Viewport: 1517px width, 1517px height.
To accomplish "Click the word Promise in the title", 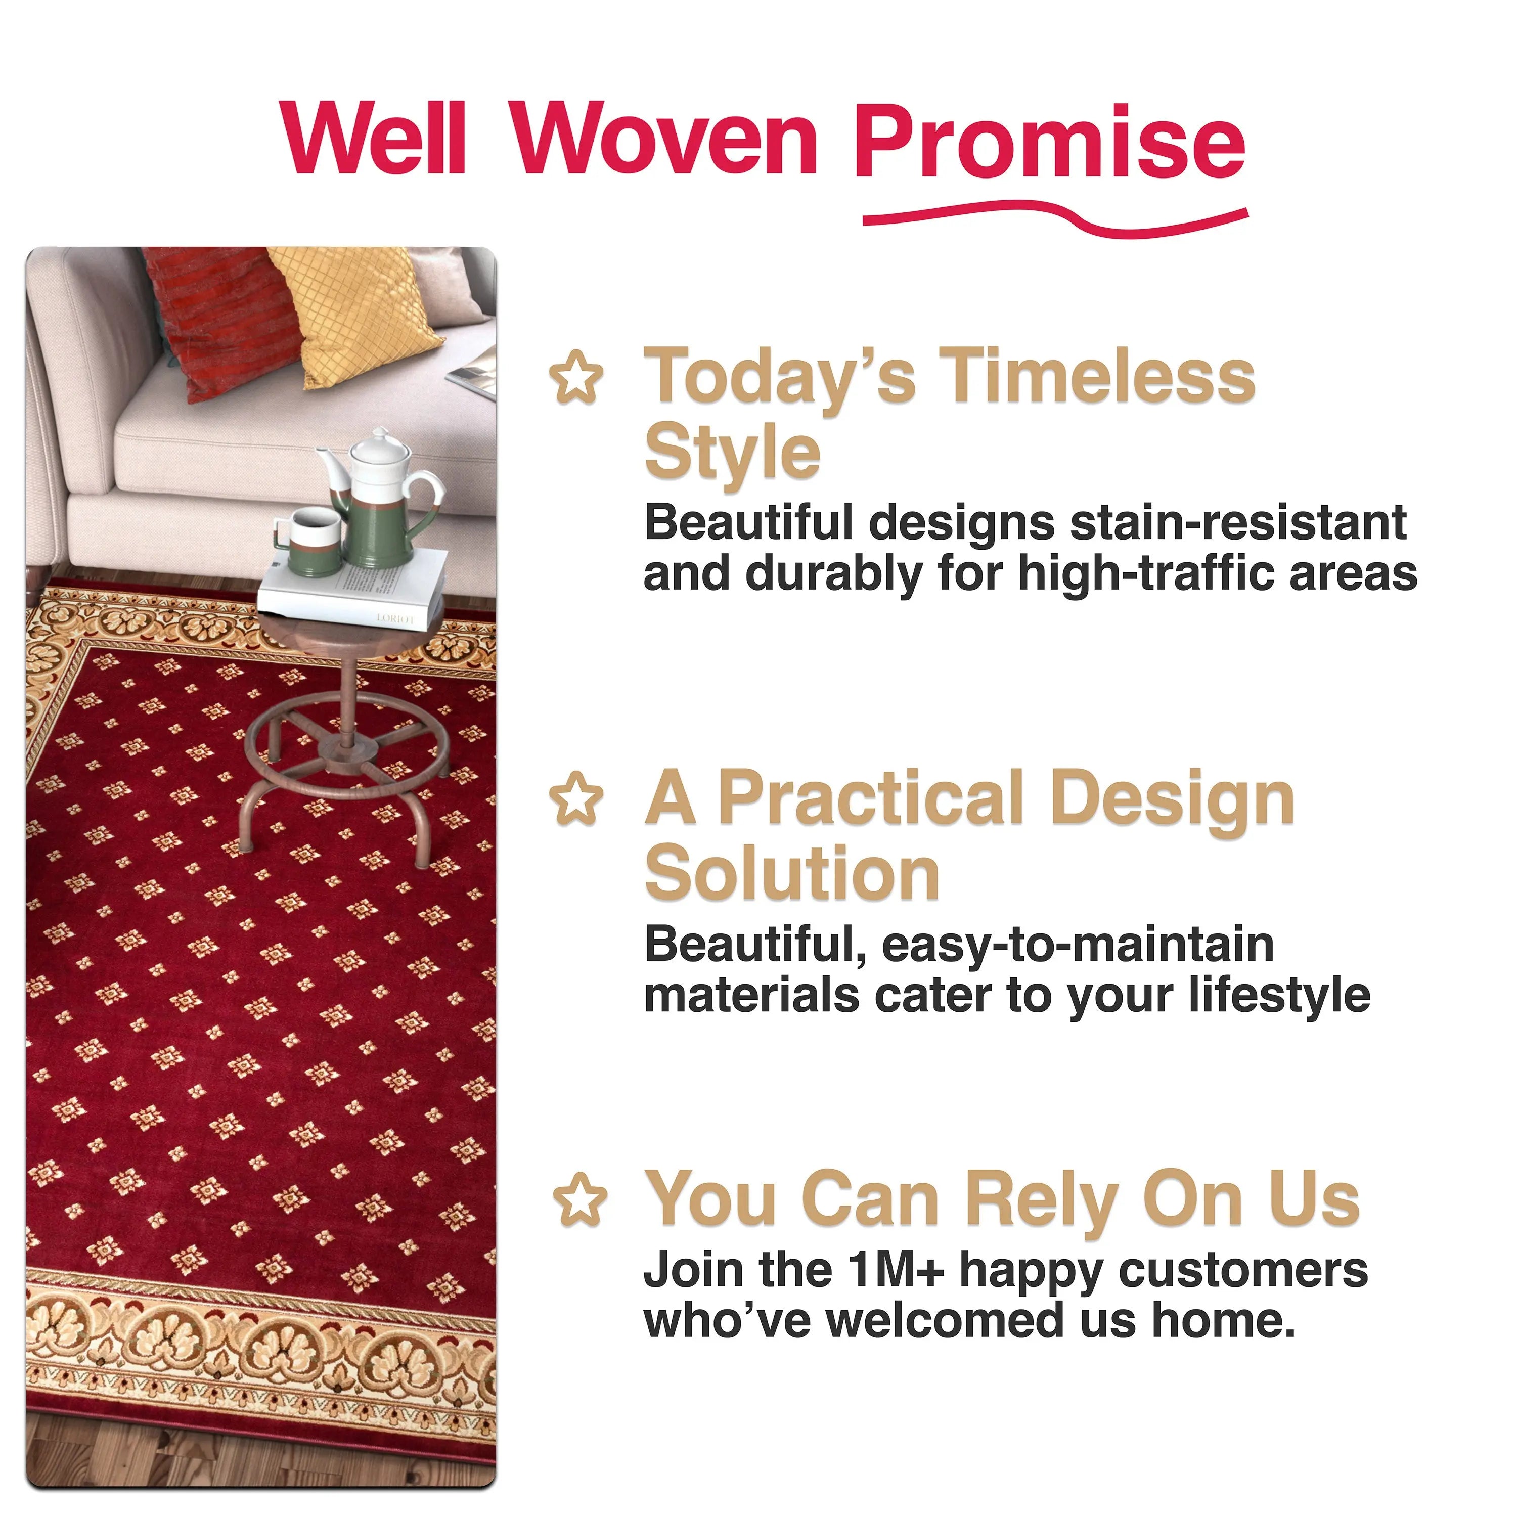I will [1049, 142].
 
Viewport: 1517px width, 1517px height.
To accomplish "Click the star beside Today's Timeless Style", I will [577, 378].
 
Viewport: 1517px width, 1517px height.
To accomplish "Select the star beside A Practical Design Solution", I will [577, 798].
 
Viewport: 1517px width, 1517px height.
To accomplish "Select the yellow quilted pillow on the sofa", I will [358, 314].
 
